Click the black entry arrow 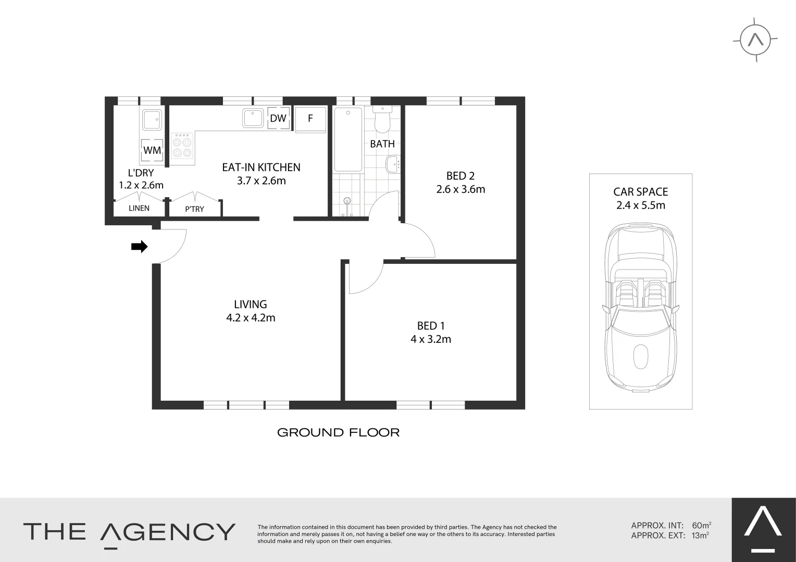(x=139, y=247)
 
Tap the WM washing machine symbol (x=152, y=150)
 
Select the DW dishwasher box (x=278, y=118)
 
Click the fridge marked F (x=310, y=119)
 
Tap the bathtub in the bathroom (x=347, y=139)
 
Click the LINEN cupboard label (x=139, y=208)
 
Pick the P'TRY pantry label (x=195, y=209)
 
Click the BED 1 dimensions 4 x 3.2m (x=430, y=340)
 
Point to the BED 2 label (x=461, y=176)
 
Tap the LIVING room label (x=251, y=304)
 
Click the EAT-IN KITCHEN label (x=261, y=168)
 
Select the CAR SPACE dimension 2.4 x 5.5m (x=640, y=205)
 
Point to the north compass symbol (x=755, y=40)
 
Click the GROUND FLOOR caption (x=338, y=432)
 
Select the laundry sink (x=153, y=120)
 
